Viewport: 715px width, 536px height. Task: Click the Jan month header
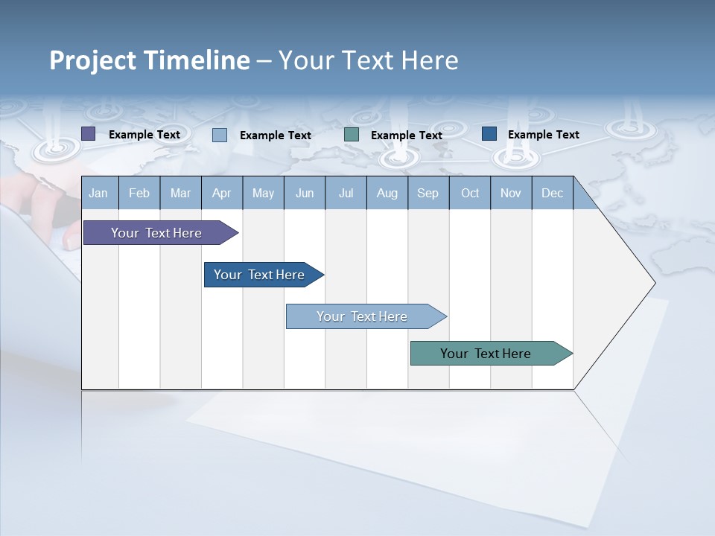98,194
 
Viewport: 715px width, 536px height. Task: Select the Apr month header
222,194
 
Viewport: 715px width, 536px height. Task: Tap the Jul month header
346,194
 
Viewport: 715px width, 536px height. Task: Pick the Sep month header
428,194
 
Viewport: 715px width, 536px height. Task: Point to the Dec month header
552,194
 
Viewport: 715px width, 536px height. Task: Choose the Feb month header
139,194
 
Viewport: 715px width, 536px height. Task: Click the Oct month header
470,194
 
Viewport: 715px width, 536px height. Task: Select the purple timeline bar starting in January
156,233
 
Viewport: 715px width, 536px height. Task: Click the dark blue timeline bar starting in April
259,275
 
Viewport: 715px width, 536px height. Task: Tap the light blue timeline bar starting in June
362,316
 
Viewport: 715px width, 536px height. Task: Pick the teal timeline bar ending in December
486,354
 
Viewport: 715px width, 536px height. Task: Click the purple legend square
89,134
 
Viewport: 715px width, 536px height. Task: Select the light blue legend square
220,135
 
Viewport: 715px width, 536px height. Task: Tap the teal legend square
352,135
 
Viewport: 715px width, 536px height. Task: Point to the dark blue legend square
489,134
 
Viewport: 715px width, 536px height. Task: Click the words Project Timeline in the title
150,60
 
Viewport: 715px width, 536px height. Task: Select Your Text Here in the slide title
369,60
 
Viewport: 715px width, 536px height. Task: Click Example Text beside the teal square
407,135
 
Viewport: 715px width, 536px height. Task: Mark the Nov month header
511,194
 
